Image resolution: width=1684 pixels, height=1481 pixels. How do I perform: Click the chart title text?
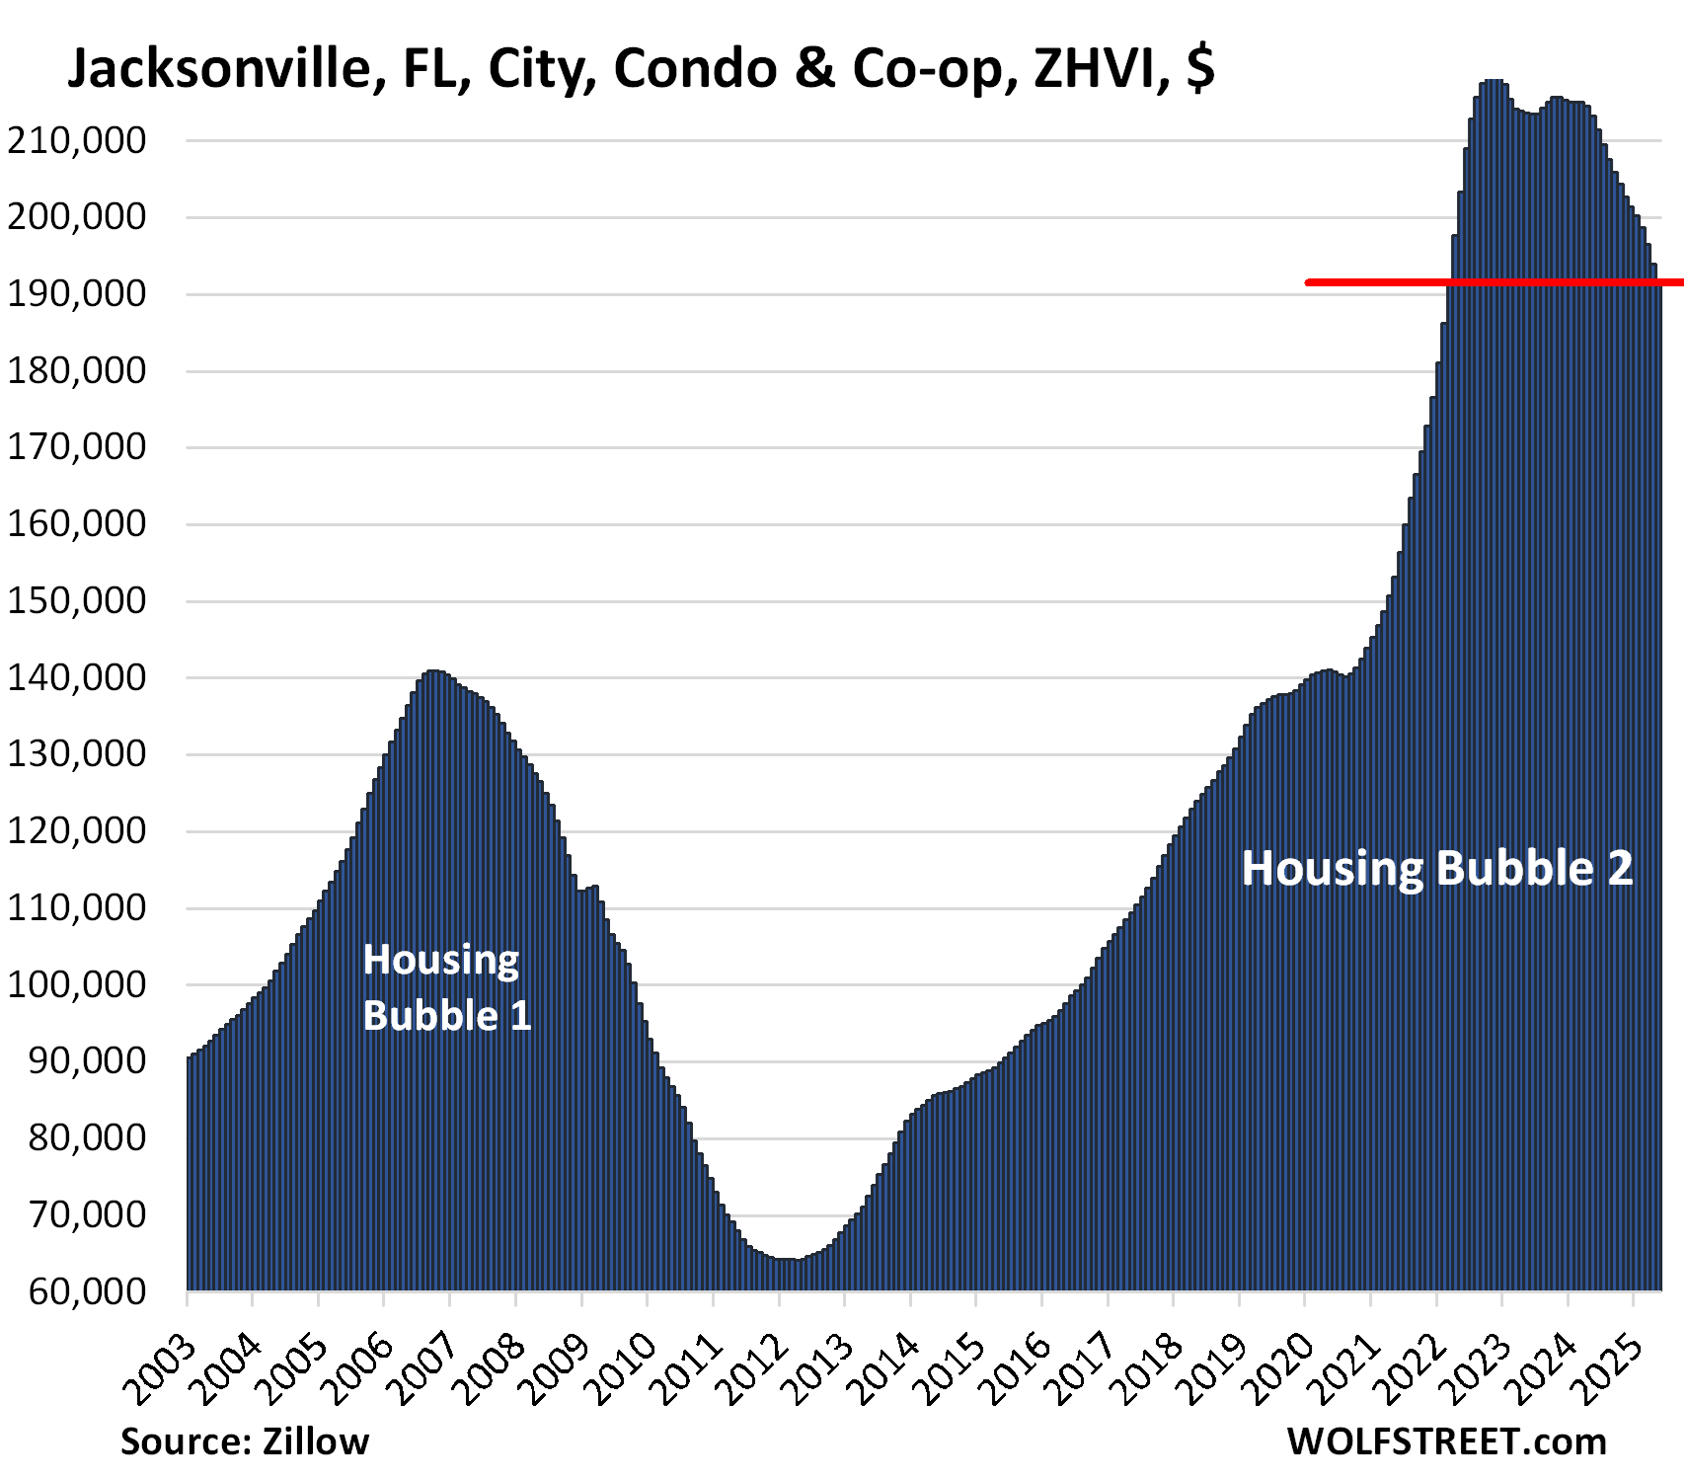point(640,69)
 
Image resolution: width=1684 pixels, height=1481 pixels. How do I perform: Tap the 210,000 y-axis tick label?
point(77,141)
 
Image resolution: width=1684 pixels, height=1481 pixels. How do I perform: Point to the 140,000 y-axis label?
point(77,678)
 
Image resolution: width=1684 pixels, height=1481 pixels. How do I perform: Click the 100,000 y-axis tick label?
point(77,985)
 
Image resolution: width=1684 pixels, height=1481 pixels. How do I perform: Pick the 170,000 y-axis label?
point(77,448)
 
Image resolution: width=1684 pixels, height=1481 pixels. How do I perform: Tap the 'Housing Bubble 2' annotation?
point(1436,869)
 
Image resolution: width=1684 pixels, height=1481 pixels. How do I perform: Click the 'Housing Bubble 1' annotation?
point(446,987)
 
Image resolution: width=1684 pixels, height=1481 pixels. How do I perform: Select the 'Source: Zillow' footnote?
point(245,1442)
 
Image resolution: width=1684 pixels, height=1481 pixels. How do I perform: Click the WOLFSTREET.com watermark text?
point(1446,1442)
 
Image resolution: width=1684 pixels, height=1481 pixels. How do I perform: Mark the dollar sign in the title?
point(1200,69)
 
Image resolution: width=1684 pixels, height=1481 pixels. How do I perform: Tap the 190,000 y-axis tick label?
point(77,294)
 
